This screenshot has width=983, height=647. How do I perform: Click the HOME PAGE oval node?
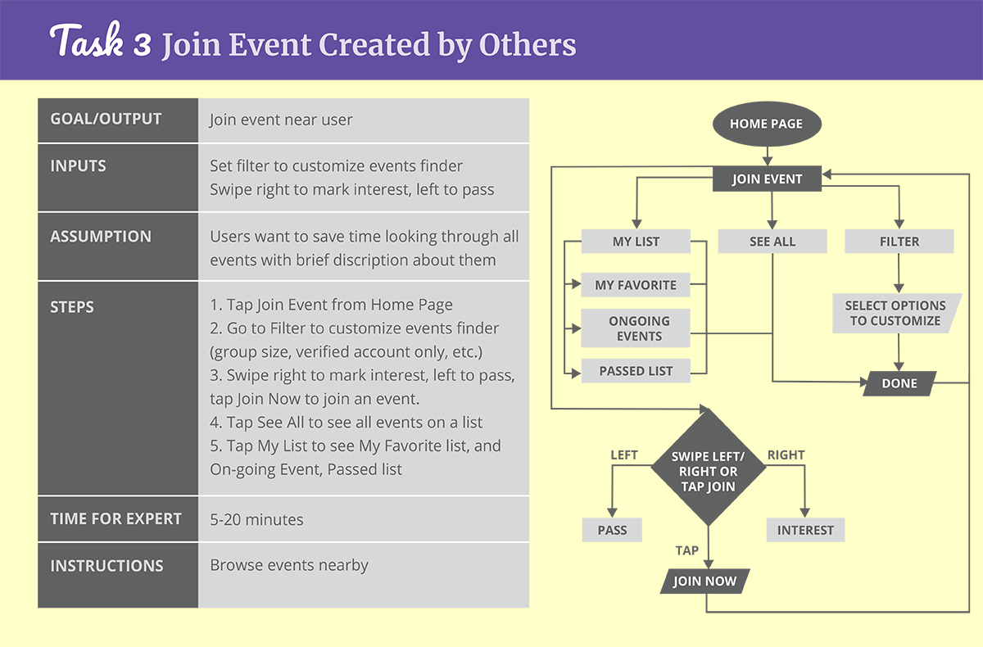point(766,124)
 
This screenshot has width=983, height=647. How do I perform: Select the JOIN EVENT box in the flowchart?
point(767,179)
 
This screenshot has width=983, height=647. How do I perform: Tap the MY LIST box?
point(636,242)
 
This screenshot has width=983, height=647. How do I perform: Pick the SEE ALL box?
point(772,242)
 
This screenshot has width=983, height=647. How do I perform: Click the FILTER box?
point(899,242)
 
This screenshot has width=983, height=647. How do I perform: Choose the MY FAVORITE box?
point(636,285)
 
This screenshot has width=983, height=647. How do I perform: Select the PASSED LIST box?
point(636,371)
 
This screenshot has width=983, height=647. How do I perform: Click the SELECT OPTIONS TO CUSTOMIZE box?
point(895,313)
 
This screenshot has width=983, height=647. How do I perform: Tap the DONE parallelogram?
point(899,383)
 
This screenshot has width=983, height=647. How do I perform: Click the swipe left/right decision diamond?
point(708,471)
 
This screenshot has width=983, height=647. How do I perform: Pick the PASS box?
point(612,530)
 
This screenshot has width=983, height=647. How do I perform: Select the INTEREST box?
point(805,530)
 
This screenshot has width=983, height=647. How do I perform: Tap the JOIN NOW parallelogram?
point(704,581)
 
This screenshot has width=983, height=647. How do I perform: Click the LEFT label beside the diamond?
point(624,455)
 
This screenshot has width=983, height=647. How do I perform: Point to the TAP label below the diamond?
point(686,550)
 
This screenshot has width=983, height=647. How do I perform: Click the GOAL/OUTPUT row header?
point(106,120)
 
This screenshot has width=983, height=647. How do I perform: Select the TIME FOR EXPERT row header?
point(116,519)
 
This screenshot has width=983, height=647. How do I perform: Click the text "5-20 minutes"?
point(256,519)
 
